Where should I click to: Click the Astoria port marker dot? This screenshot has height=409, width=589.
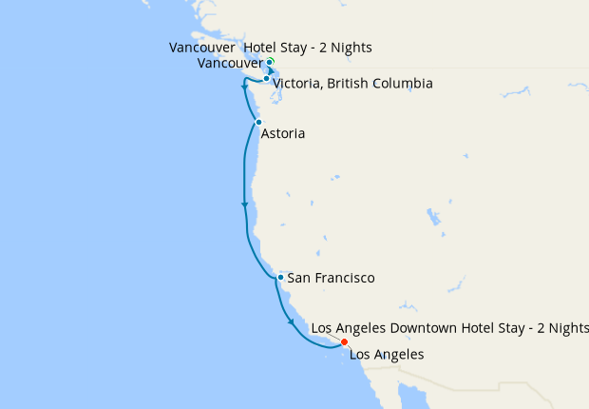point(258,122)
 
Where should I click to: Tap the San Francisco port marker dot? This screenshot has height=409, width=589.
point(280,278)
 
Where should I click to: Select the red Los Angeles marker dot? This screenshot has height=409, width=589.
point(344,342)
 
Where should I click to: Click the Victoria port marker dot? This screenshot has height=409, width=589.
point(266,79)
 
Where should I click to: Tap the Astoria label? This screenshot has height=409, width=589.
point(283,134)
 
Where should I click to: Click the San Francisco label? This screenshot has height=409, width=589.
point(331,278)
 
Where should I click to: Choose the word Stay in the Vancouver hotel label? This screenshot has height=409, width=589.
point(301,48)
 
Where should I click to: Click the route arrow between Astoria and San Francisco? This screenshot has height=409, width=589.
point(245,204)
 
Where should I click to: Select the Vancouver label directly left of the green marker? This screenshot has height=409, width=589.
point(231,63)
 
